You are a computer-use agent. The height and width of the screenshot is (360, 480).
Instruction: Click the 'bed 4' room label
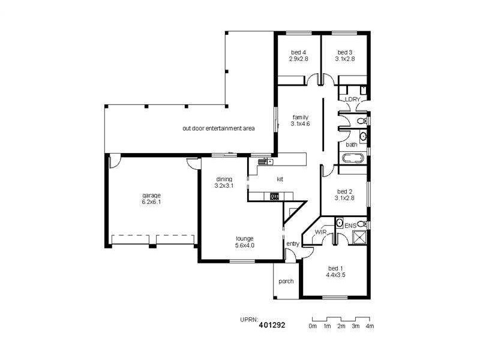(x=298, y=52)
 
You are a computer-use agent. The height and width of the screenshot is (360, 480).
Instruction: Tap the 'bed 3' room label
(x=344, y=52)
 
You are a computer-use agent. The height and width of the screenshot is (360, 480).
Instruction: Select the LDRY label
(x=352, y=98)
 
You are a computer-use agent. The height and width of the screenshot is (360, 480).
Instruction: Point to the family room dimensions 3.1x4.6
(x=301, y=124)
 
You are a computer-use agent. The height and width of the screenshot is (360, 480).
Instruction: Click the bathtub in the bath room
(x=353, y=158)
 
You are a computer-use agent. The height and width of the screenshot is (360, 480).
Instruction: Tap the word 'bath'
(x=352, y=144)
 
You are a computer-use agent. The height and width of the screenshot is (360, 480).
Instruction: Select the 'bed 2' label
(x=344, y=191)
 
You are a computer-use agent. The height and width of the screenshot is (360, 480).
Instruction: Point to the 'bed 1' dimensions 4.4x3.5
(x=335, y=275)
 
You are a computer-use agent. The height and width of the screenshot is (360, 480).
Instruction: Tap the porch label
(x=286, y=281)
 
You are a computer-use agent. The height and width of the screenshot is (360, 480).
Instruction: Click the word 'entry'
(x=293, y=244)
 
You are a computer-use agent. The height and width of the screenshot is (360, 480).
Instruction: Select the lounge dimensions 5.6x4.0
(x=245, y=245)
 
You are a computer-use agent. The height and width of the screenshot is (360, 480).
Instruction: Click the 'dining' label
(x=223, y=179)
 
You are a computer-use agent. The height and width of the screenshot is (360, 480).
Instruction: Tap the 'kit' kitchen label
(x=280, y=179)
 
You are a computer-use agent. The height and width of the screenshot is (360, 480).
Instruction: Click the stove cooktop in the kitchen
(x=275, y=196)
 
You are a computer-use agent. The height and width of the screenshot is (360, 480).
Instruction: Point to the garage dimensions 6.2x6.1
(x=151, y=202)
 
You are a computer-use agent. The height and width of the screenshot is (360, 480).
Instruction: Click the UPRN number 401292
(x=272, y=325)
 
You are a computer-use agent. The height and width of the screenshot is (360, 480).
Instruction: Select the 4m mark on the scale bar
(x=370, y=326)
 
